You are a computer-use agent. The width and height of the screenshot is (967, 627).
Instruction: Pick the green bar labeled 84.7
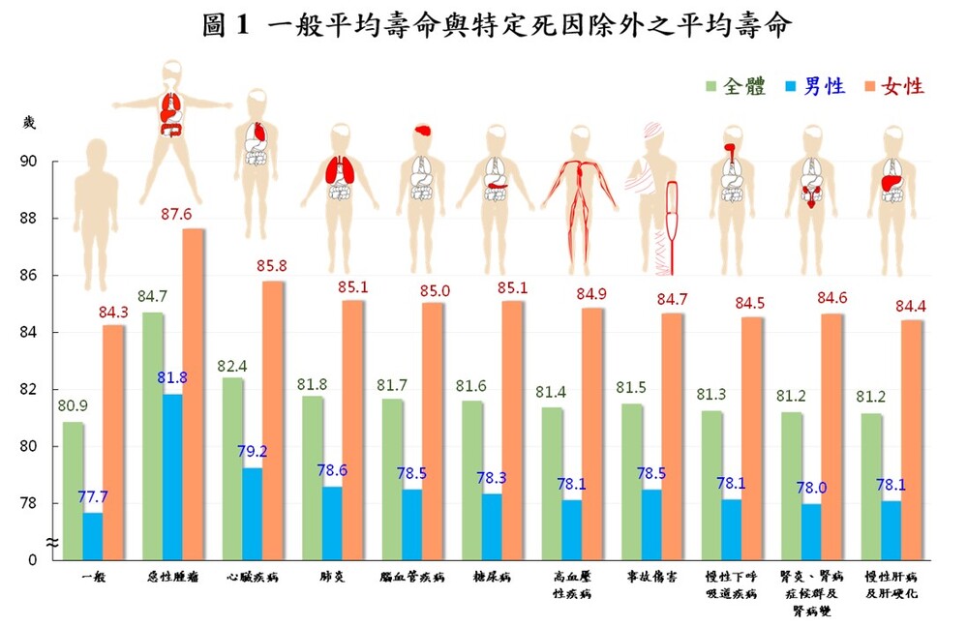click(153, 435)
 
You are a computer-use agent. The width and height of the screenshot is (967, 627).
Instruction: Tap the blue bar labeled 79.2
click(252, 513)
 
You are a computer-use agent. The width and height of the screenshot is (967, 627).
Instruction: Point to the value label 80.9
click(75, 407)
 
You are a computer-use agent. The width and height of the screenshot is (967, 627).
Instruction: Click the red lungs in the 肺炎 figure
click(341, 170)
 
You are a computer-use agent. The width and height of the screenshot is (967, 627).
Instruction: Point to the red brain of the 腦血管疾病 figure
click(422, 130)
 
